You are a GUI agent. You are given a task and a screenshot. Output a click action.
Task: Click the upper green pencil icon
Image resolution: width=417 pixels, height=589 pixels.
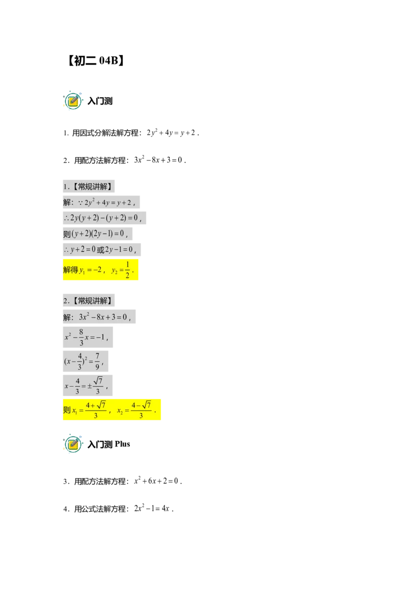(73, 100)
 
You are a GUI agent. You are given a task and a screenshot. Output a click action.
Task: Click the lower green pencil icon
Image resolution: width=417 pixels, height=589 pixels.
(73, 444)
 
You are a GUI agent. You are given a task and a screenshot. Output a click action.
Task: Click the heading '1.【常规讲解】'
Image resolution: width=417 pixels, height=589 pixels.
(89, 187)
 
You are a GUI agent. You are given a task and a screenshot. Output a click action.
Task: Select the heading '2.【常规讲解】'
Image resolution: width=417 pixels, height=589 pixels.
(89, 301)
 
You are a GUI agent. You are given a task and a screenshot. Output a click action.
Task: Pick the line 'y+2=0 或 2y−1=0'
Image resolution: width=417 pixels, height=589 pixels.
(99, 249)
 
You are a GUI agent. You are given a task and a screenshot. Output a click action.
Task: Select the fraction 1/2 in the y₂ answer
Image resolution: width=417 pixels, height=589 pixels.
(128, 270)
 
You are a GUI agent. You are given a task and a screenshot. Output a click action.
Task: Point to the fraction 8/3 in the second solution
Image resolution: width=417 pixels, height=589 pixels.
(81, 337)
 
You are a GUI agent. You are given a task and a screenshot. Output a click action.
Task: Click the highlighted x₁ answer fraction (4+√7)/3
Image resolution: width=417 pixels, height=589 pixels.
(95, 410)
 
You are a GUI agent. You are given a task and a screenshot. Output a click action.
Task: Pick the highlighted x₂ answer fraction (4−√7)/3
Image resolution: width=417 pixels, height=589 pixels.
(141, 410)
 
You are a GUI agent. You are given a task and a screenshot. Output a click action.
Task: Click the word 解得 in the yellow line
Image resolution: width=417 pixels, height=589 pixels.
(70, 270)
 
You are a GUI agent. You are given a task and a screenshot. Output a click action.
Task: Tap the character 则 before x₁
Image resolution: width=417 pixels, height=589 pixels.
(67, 410)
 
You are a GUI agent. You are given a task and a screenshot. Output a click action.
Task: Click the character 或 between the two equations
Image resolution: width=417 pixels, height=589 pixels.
(101, 249)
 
